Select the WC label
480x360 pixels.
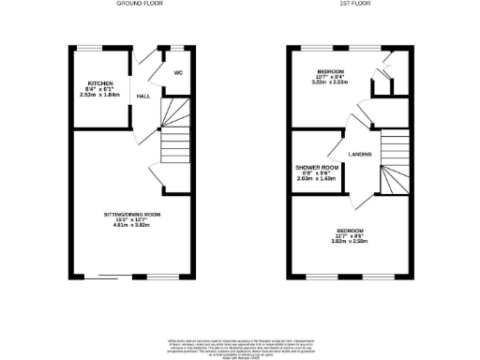pyautogui.click(x=178, y=76)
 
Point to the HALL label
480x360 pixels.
pyautogui.click(x=143, y=97)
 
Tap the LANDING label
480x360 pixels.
pyautogui.click(x=360, y=154)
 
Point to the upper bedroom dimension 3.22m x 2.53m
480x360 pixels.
pyautogui.click(x=330, y=82)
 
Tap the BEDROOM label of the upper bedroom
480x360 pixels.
pyautogui.click(x=330, y=70)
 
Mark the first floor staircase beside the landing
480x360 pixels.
pyautogui.click(x=393, y=164)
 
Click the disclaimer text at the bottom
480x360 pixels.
pyautogui.click(x=239, y=346)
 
